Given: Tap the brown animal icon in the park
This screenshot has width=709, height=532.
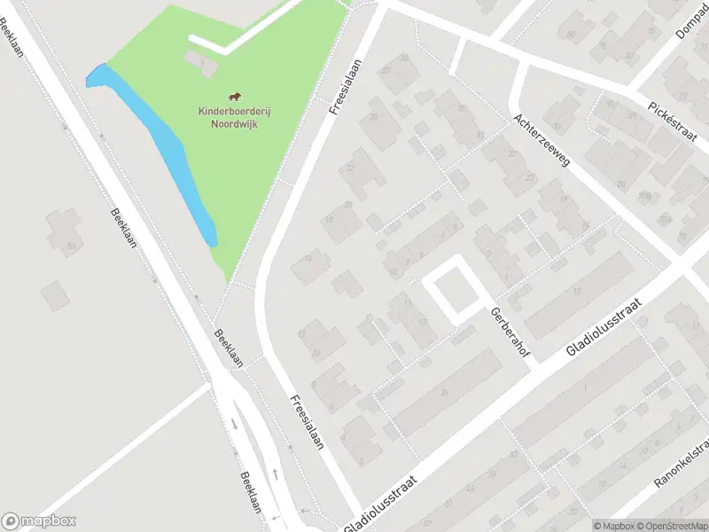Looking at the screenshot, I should pos(235,98).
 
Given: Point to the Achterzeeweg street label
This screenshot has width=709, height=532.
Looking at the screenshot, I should pos(541,140).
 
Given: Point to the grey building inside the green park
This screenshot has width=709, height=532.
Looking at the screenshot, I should pos(199,62).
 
